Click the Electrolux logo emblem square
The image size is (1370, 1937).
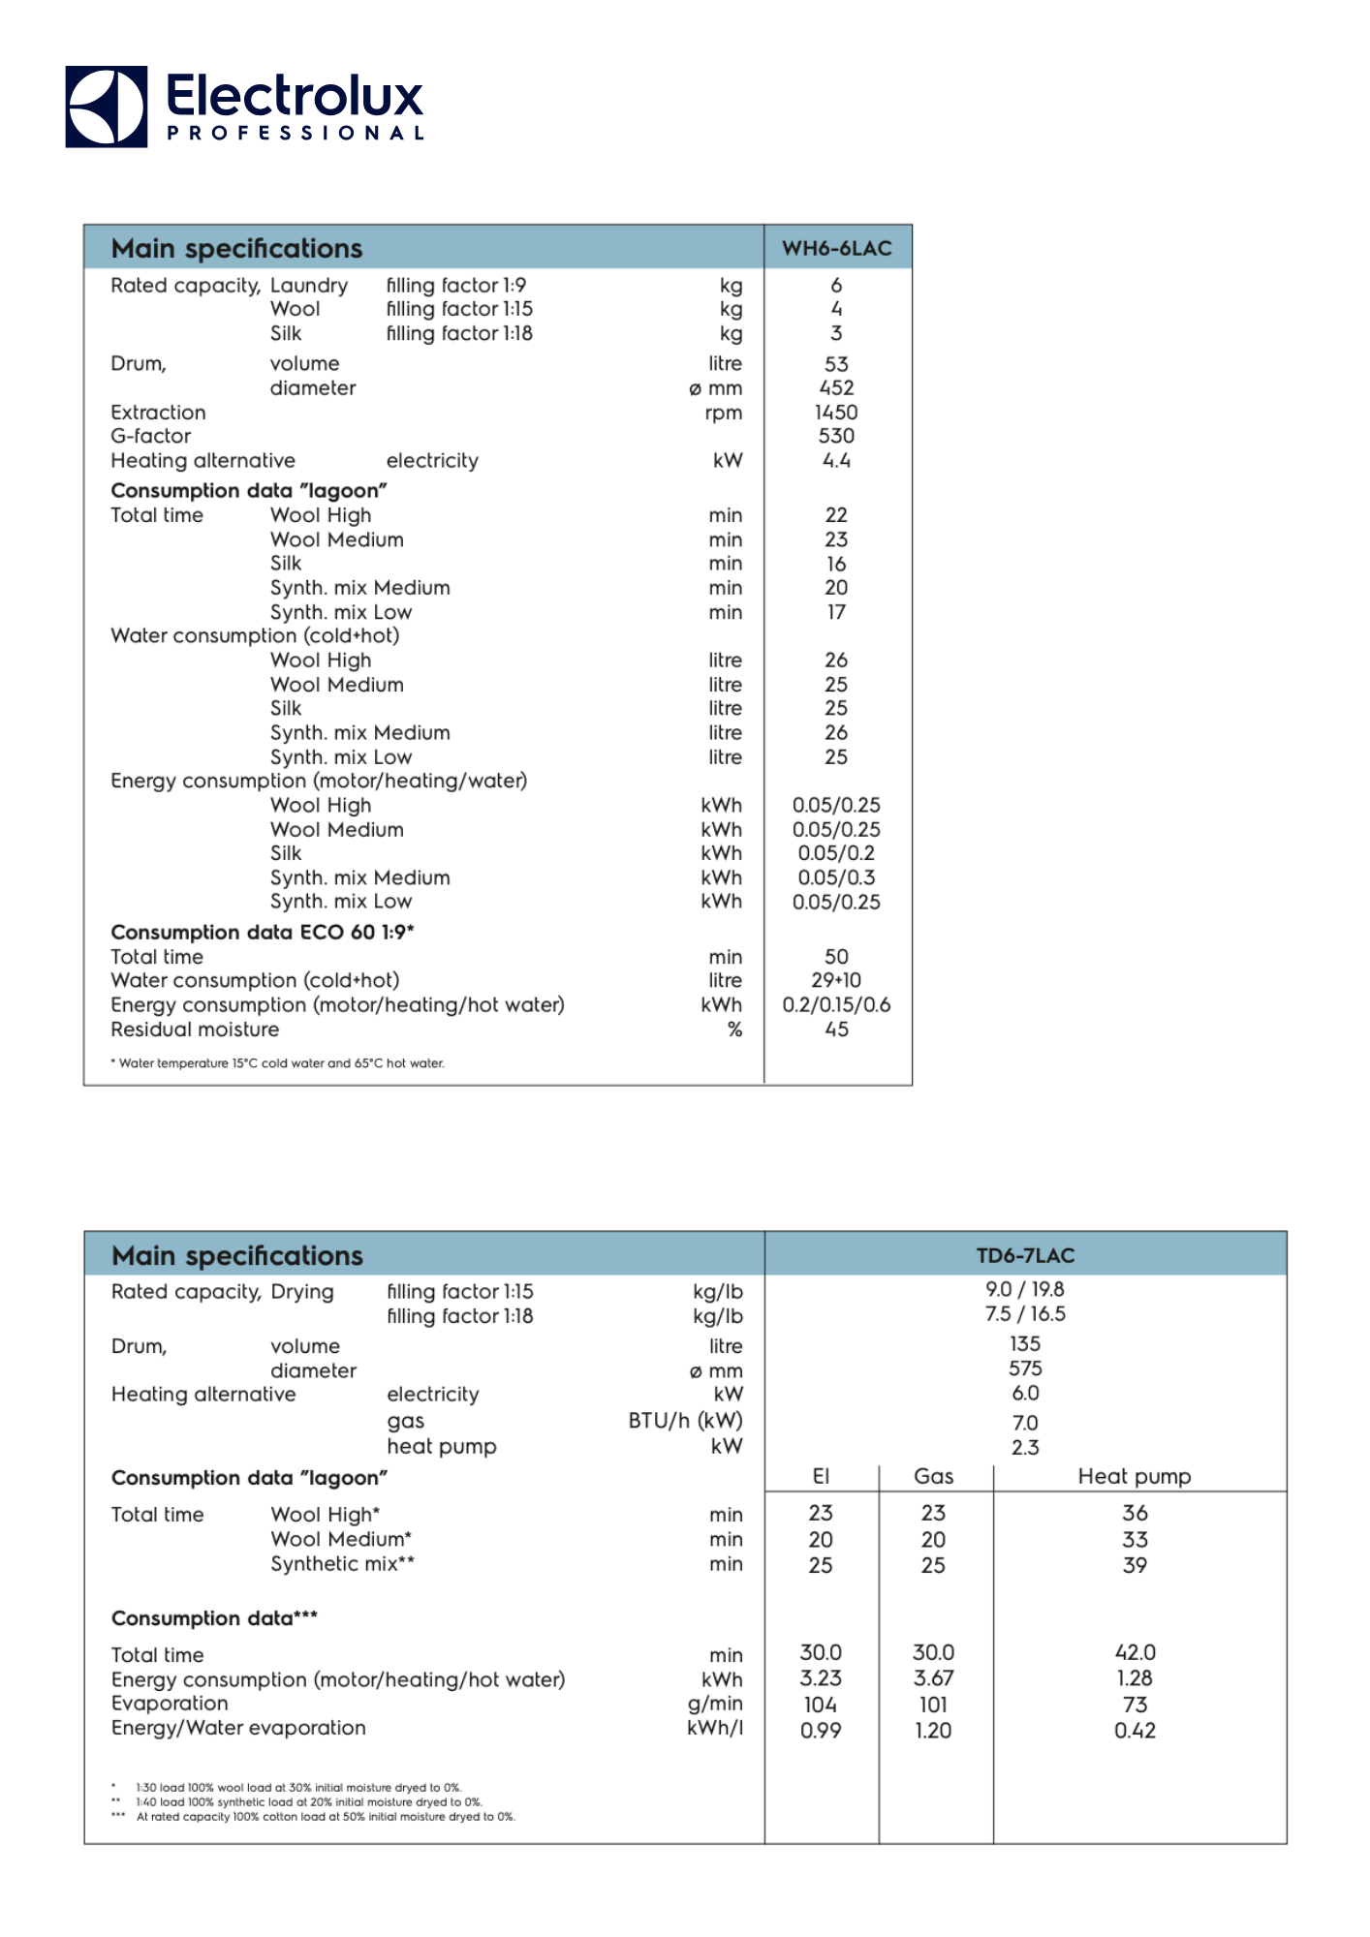(107, 107)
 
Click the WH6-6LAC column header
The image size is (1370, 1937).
(836, 248)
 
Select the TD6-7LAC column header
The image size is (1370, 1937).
(1025, 1255)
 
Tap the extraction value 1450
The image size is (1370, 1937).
(836, 413)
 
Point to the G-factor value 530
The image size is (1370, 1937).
(836, 437)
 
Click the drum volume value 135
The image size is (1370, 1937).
(1025, 1344)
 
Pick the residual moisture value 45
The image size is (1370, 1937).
(836, 1030)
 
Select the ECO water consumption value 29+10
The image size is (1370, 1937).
(836, 980)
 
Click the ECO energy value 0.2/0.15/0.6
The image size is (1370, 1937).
(836, 1005)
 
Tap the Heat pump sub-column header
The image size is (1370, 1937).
(1135, 1476)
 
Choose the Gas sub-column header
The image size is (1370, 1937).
(933, 1476)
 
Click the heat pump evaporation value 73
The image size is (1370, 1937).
(1135, 1705)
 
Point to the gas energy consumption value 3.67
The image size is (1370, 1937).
(933, 1678)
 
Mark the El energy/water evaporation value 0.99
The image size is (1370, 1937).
(821, 1731)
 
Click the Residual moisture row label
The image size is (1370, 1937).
(195, 1030)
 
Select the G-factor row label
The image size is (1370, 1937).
(151, 437)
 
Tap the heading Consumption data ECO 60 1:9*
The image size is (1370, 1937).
(263, 932)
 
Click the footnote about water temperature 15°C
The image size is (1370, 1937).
(278, 1063)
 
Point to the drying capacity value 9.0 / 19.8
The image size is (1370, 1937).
(1025, 1290)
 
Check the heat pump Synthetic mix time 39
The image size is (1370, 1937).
(1135, 1565)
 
